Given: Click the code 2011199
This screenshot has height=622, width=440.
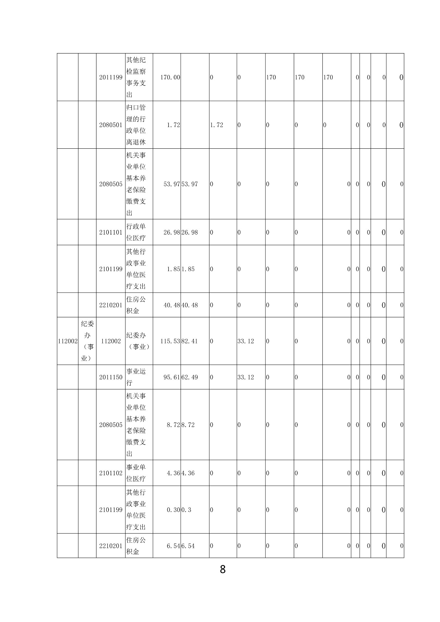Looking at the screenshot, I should [111, 77].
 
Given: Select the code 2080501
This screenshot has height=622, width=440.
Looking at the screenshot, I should [111, 125].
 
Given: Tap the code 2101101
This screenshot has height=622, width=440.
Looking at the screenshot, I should [111, 232].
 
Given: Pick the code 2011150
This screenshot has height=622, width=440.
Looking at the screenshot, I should [111, 377].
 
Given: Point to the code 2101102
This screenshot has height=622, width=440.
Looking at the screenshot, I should [111, 473].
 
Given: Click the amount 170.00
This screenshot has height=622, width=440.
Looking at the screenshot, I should [170, 77].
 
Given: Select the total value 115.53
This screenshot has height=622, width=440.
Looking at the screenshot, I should [170, 341].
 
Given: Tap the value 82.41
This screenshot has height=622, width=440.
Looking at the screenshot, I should [190, 341].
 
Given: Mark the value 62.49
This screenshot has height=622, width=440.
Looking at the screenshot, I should [190, 377].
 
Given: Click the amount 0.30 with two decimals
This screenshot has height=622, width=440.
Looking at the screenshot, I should [173, 510].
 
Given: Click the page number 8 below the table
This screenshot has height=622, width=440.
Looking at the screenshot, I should [223, 569].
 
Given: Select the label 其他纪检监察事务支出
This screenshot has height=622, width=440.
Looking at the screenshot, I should [136, 77].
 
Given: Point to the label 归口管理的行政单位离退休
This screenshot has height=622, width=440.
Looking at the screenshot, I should [136, 125].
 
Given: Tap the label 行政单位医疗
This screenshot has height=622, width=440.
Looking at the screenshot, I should [136, 232].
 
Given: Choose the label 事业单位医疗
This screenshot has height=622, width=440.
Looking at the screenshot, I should [136, 473].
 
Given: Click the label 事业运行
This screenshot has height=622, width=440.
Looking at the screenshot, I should [136, 377].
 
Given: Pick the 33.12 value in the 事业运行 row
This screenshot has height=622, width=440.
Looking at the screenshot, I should [246, 377].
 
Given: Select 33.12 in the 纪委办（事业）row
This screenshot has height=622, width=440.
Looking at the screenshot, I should [246, 341].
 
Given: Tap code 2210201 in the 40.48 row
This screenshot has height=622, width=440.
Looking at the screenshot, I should [111, 305].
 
